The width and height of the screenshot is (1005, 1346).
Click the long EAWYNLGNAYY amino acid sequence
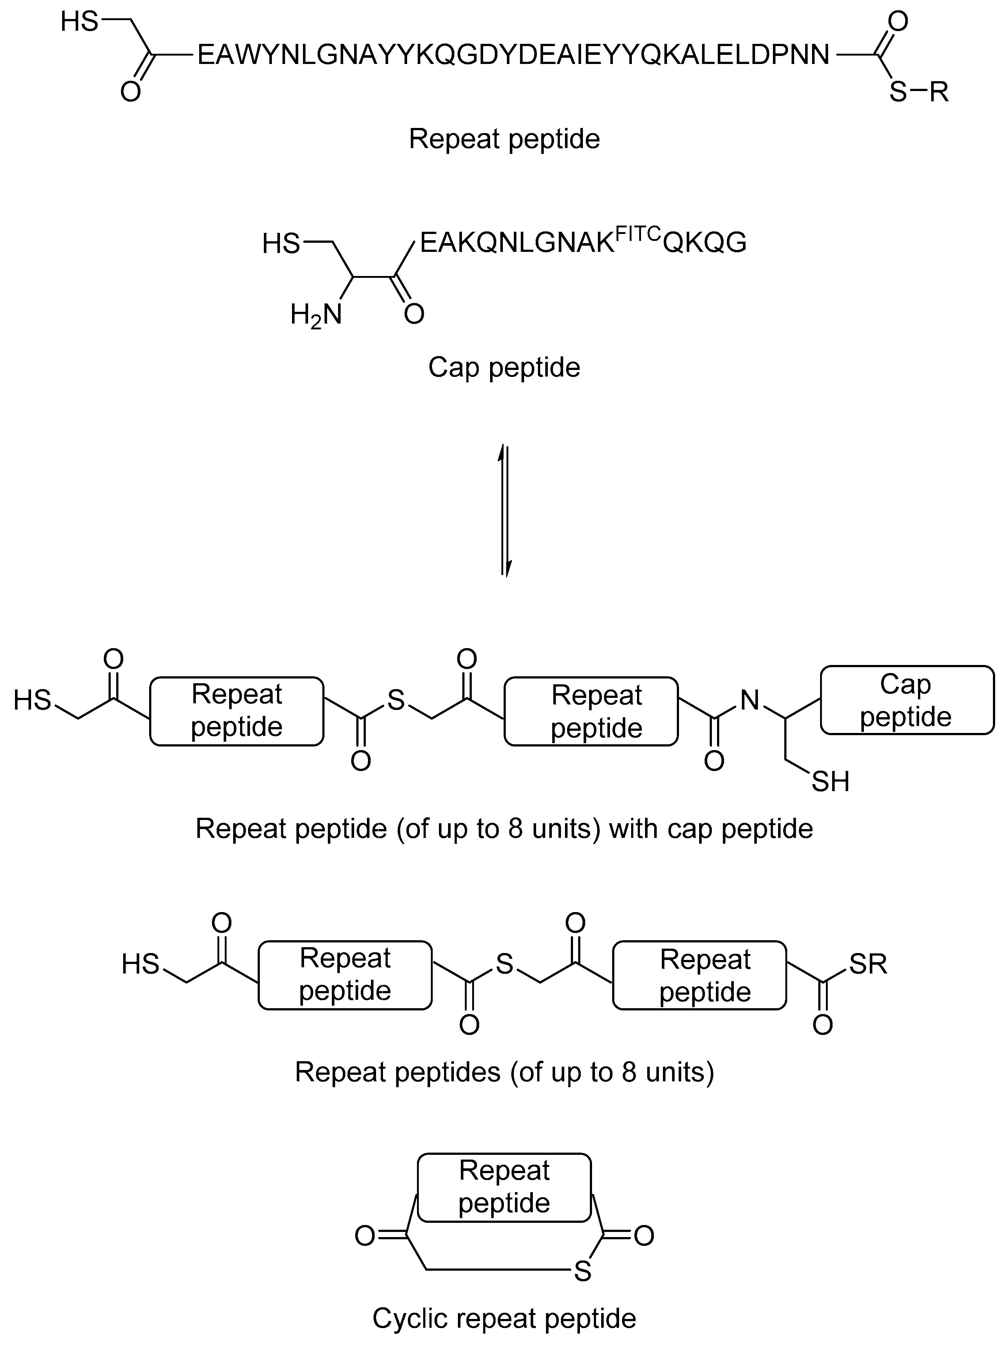(x=513, y=55)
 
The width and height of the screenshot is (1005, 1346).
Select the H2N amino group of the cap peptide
(x=316, y=315)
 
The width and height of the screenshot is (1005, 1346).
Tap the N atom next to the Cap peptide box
(x=750, y=700)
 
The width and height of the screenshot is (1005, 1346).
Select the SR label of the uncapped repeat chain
(x=868, y=964)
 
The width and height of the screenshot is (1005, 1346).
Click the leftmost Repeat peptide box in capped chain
(x=237, y=711)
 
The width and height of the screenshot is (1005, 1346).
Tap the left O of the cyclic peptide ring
(x=365, y=1236)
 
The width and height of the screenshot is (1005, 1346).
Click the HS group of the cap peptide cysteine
(x=281, y=244)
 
